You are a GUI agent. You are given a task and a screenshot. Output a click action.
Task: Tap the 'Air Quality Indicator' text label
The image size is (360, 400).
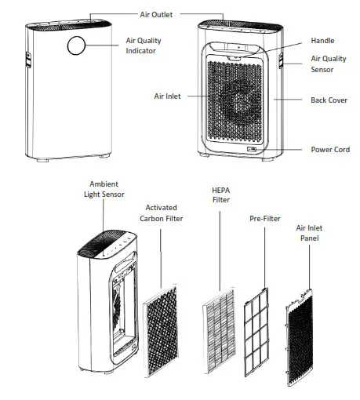point(140,45)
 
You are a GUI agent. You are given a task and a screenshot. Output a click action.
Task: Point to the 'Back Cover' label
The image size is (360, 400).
point(329,100)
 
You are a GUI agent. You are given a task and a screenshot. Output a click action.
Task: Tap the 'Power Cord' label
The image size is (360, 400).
point(330,149)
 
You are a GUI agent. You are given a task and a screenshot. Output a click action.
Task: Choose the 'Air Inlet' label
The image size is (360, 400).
point(167,96)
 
